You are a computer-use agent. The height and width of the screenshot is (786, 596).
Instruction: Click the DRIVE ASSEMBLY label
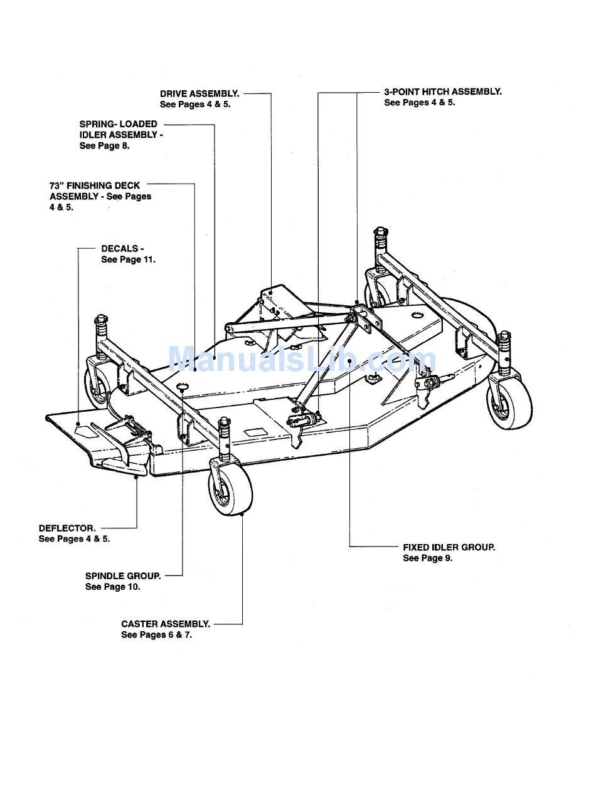(x=200, y=93)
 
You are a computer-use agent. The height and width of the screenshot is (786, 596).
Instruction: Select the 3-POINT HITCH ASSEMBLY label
(x=442, y=92)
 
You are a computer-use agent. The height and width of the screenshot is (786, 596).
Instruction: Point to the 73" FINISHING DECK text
(x=95, y=186)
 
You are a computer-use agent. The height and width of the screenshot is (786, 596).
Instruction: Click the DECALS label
(x=122, y=249)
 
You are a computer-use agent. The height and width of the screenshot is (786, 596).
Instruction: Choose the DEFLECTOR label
(x=67, y=528)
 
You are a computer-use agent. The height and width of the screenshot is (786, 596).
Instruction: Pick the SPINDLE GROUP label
(x=123, y=576)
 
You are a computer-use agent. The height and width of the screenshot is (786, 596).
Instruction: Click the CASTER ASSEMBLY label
(x=166, y=624)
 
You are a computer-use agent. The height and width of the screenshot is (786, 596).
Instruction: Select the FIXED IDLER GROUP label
(x=449, y=547)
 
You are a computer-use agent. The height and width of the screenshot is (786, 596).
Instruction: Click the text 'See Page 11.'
(x=128, y=259)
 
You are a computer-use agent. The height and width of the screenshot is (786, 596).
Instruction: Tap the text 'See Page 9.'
(x=427, y=558)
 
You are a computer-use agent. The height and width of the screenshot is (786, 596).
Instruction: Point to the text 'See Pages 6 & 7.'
(x=156, y=635)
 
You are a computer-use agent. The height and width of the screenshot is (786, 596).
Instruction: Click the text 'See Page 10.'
(x=112, y=587)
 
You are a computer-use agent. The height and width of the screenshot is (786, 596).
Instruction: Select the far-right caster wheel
(x=509, y=401)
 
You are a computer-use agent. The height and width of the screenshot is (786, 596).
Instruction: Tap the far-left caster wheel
(x=99, y=387)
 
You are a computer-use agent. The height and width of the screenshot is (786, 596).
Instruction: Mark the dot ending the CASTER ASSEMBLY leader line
(x=242, y=515)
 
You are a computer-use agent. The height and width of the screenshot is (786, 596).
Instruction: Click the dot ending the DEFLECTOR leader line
(x=137, y=477)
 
